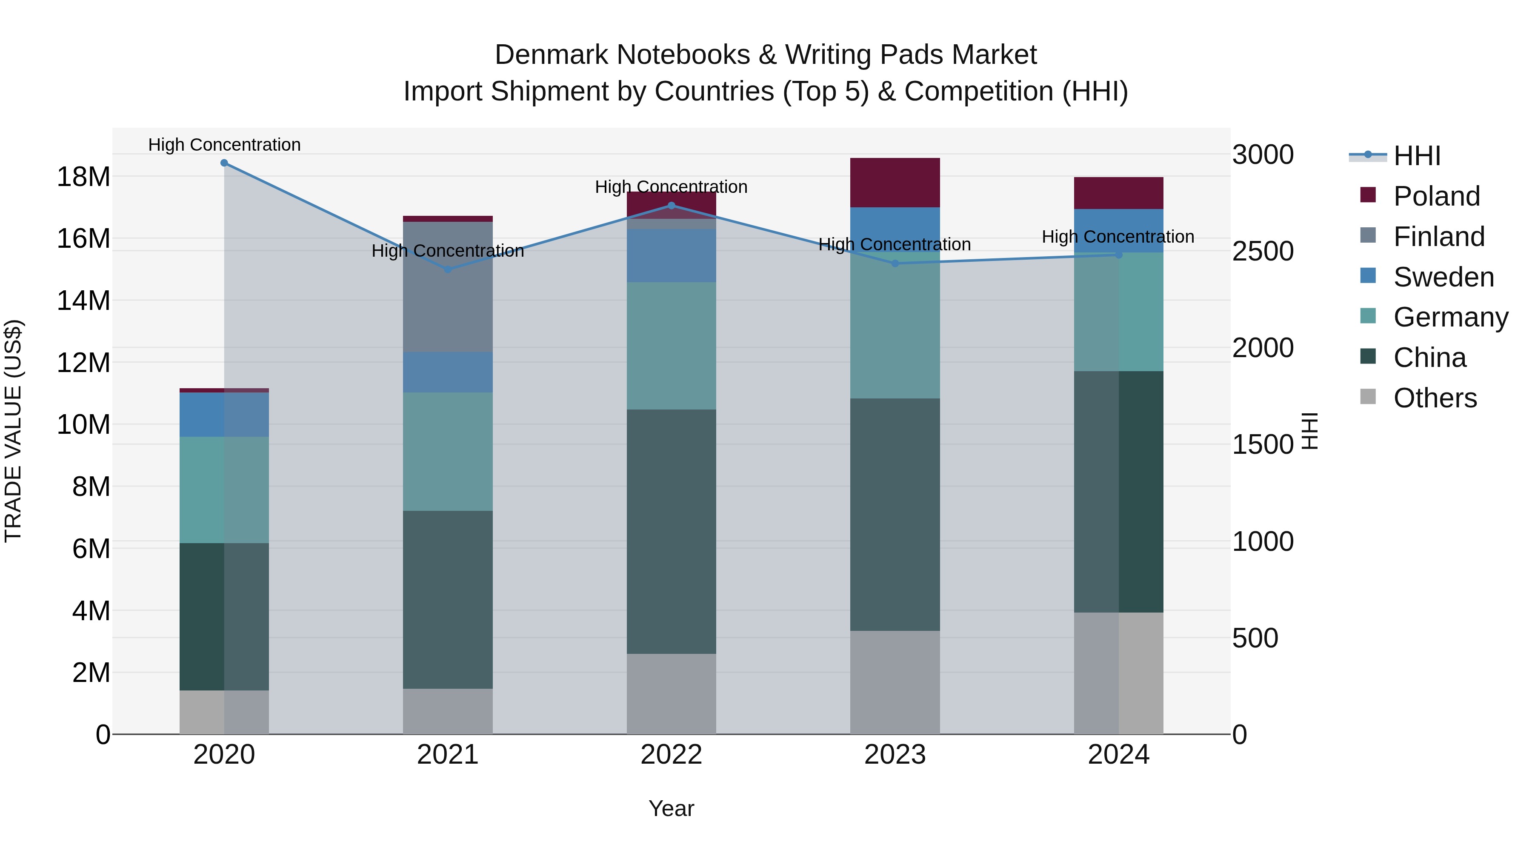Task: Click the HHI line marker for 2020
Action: point(224,163)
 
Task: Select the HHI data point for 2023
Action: point(895,263)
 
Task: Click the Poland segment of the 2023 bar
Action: point(895,183)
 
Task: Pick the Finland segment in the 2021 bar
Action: point(448,287)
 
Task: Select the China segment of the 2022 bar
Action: point(672,531)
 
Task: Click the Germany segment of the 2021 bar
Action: point(448,452)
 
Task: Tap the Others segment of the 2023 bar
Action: point(895,682)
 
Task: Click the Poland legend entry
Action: point(1436,196)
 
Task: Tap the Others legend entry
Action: point(1435,398)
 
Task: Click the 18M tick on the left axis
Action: point(83,177)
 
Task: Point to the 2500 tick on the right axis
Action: point(1263,251)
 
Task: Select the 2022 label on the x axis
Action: point(672,755)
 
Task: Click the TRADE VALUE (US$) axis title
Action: point(13,431)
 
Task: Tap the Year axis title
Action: point(672,808)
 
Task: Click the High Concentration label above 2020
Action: point(224,145)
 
